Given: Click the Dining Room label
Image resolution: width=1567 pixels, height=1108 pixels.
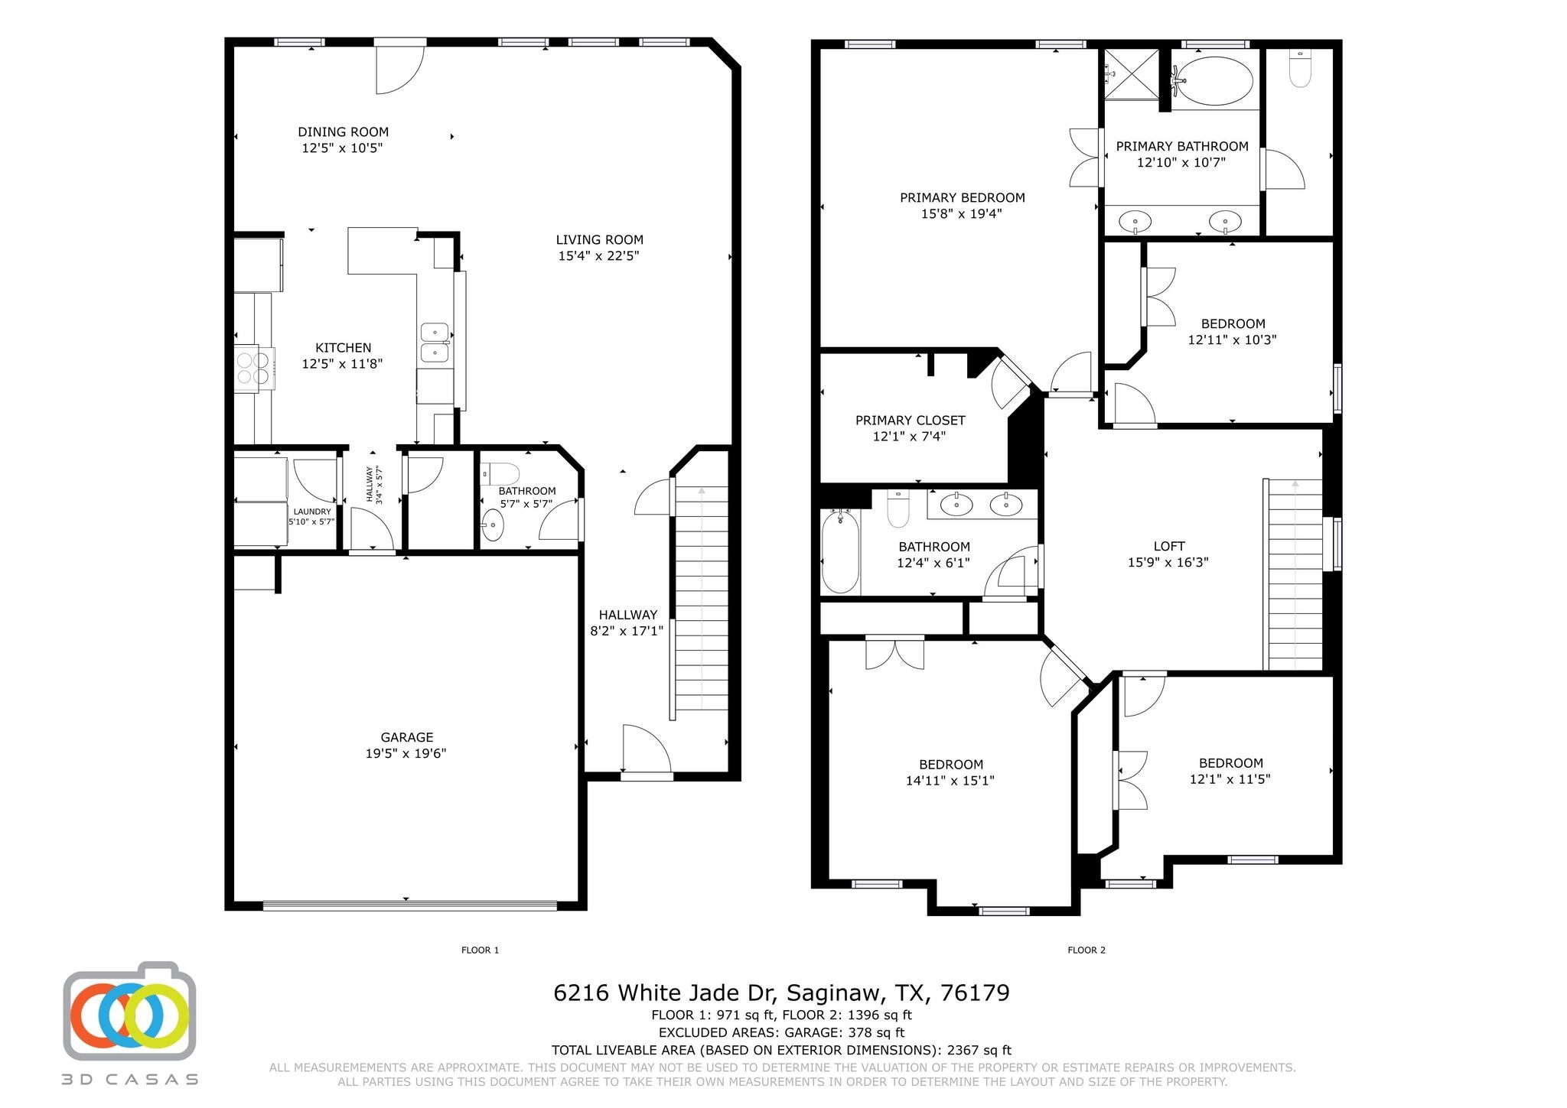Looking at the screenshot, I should click(x=343, y=132).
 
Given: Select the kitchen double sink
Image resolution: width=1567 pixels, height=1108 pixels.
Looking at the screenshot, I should click(x=435, y=342).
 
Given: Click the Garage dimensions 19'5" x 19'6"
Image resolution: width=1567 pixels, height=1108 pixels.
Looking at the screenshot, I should click(x=406, y=753).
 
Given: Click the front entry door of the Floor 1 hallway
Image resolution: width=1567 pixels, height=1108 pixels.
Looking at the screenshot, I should click(x=647, y=749).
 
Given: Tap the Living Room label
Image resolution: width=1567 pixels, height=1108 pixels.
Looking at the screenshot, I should click(x=599, y=239).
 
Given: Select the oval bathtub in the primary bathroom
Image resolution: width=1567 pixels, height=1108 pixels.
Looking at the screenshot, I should click(x=1214, y=81).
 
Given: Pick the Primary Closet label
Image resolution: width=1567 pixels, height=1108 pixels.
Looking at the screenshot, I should click(x=910, y=421).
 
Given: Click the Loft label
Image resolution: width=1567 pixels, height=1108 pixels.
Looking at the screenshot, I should click(x=1168, y=546).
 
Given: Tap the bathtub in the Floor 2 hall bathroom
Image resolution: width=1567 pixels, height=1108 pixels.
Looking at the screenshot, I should click(x=840, y=552).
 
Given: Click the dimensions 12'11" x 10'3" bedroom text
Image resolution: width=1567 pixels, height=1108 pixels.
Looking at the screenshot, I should click(x=1232, y=340).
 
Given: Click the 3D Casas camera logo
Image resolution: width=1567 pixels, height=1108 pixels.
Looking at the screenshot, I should click(x=129, y=1011).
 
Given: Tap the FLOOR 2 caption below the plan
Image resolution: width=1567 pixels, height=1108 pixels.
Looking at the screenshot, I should click(x=1086, y=950).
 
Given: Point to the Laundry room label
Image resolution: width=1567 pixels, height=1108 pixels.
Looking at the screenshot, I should click(x=311, y=512).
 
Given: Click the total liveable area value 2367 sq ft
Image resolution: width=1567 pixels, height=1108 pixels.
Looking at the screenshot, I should click(x=979, y=1051).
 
